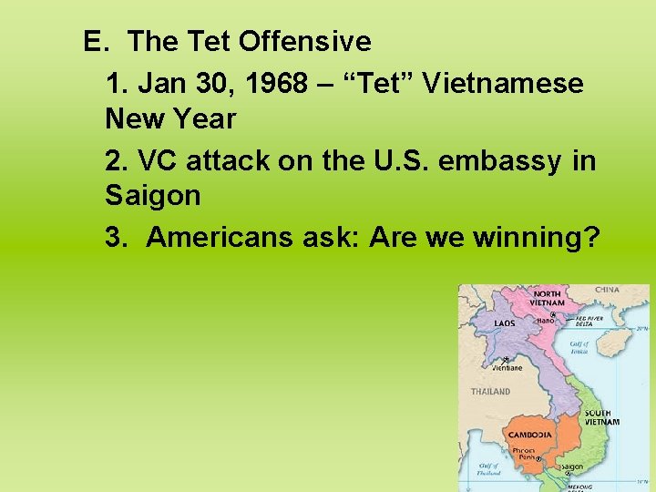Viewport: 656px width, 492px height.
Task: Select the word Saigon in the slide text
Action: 152,195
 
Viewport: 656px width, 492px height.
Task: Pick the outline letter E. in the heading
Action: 96,42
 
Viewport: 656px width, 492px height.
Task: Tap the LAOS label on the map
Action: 504,323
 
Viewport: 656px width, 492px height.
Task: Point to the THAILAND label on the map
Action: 490,392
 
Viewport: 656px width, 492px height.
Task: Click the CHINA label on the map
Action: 607,291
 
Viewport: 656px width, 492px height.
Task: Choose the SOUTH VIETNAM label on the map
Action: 602,417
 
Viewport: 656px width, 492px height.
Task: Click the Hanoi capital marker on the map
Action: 552,315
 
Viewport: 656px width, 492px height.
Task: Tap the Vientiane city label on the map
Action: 507,368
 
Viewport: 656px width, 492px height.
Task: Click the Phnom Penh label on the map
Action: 524,454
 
